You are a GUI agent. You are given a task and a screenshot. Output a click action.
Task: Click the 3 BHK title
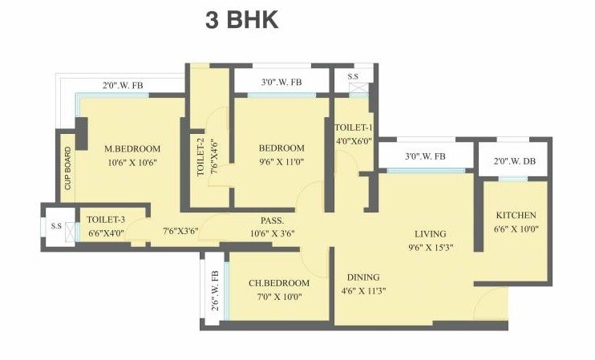click(x=242, y=20)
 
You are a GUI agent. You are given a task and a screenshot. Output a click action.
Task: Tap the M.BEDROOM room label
click(x=133, y=148)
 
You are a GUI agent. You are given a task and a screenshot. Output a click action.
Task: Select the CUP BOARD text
click(x=68, y=168)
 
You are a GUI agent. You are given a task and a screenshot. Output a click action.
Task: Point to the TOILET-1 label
click(x=354, y=127)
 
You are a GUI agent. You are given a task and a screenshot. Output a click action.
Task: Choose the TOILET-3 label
click(x=103, y=218)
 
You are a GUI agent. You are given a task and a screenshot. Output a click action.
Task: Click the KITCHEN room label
click(x=516, y=216)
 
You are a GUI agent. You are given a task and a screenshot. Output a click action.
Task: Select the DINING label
click(x=362, y=277)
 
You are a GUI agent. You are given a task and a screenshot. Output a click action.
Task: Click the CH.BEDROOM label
click(x=278, y=283)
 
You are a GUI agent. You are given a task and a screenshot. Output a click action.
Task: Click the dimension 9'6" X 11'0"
click(x=281, y=161)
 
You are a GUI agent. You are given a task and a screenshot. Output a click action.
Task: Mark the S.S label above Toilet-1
click(x=353, y=77)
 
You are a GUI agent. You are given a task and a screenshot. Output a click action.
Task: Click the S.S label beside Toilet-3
click(x=56, y=226)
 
